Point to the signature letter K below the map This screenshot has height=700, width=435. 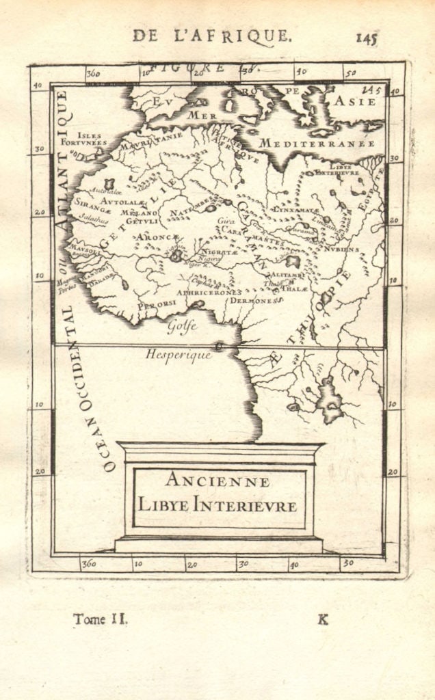tap(323, 619)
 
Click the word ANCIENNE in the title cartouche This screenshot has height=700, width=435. tap(218, 481)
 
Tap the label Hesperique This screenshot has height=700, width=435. tap(179, 355)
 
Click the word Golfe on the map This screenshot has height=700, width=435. tap(183, 326)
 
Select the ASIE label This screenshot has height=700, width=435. tap(354, 102)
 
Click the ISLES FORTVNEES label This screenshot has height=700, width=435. tap(89, 139)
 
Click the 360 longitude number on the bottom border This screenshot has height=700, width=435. tap(89, 564)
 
